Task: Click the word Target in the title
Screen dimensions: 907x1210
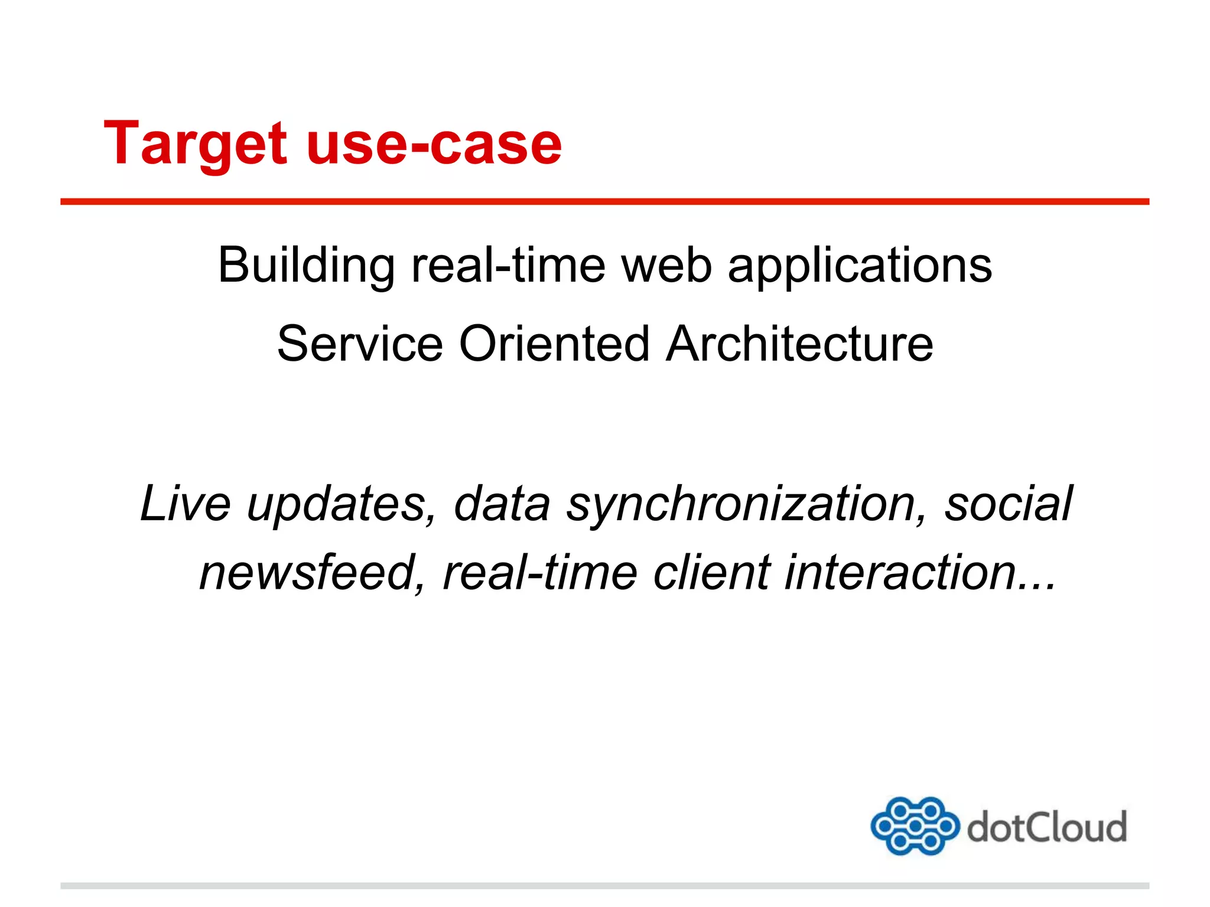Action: [x=195, y=144]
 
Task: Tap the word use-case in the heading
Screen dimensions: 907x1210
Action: [x=434, y=144]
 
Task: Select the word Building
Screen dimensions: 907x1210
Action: [x=306, y=266]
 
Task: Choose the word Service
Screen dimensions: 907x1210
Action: [x=360, y=344]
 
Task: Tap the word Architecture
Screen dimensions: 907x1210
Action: [x=799, y=344]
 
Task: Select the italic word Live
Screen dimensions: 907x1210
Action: [x=186, y=504]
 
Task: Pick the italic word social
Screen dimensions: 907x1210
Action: [x=1008, y=504]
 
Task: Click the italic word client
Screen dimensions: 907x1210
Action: [x=712, y=573]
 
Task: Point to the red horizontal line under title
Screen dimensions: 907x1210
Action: [x=604, y=202]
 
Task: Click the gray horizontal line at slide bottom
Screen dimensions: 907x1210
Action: [x=604, y=886]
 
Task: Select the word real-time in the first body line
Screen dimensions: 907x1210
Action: [x=508, y=266]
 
